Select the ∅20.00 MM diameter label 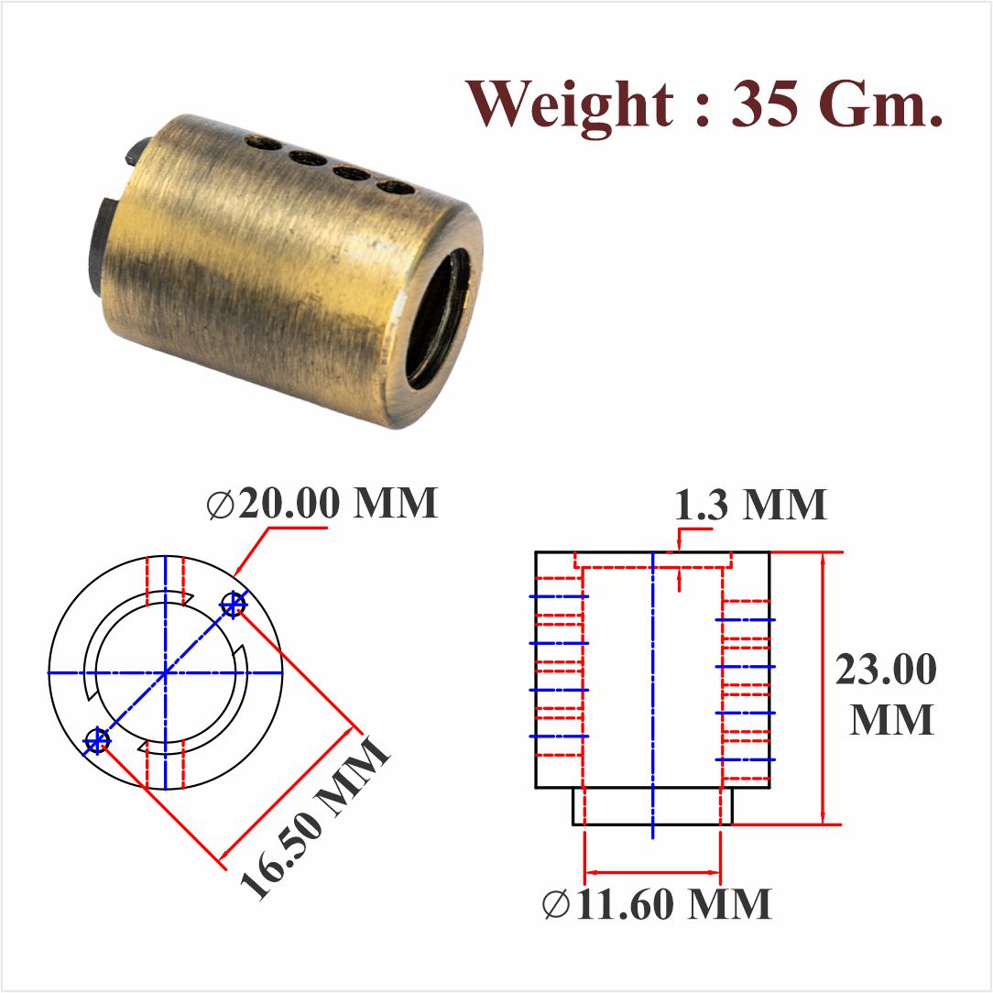click(x=322, y=504)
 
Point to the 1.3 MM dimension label click(x=750, y=505)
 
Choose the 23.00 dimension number click(x=885, y=670)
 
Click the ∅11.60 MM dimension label click(x=656, y=905)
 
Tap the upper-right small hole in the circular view click(x=235, y=604)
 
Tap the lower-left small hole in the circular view click(x=96, y=739)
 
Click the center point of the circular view click(x=166, y=672)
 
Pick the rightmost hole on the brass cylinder click(x=395, y=187)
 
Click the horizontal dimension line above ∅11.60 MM click(x=652, y=872)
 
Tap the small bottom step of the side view click(x=652, y=807)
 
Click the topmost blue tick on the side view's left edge click(x=558, y=596)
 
